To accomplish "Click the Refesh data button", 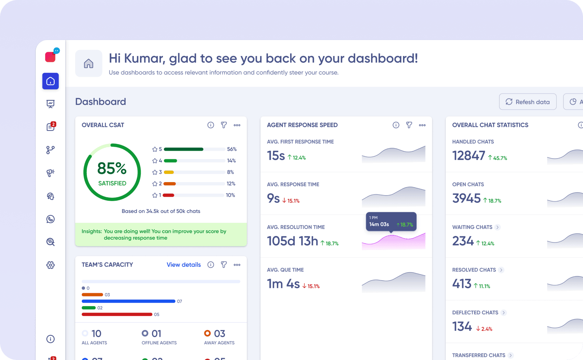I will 527,102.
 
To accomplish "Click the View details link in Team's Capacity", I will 184,265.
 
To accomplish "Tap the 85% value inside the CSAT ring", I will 112,168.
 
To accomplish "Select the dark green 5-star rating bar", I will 184,149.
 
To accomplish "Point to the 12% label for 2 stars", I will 231,184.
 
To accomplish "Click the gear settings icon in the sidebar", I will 50,265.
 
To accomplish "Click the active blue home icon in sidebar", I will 50,81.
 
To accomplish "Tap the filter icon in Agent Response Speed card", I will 409,125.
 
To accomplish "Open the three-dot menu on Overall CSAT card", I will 237,125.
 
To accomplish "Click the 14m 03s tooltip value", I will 379,224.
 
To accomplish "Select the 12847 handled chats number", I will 468,156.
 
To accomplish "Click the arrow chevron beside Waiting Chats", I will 498,227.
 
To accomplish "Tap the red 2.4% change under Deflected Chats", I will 484,329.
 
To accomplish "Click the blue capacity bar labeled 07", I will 128,301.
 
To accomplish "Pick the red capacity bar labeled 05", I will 117,314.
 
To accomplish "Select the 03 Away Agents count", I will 219,334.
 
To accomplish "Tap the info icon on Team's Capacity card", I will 211,265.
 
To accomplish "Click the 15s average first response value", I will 276,156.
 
